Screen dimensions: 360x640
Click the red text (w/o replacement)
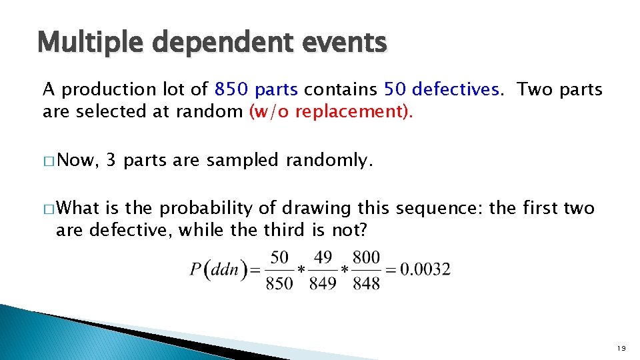(x=331, y=111)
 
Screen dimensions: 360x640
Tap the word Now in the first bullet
(x=78, y=160)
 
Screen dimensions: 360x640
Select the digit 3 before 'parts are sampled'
(x=111, y=160)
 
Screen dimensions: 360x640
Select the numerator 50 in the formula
(x=279, y=257)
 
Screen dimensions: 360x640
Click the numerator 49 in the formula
(x=323, y=257)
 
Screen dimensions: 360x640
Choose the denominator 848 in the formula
(x=366, y=283)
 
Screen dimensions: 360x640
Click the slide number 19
(x=621, y=347)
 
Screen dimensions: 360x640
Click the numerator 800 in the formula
(x=366, y=257)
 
